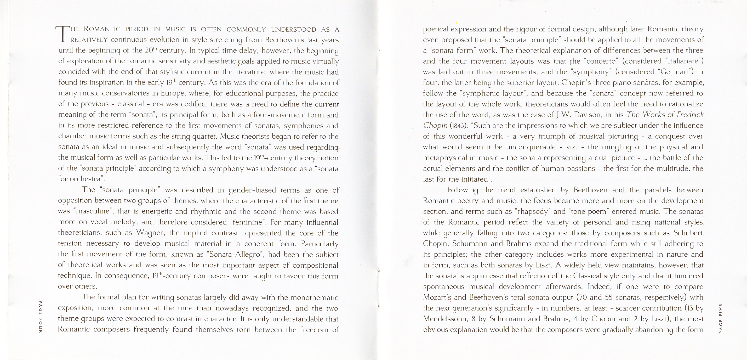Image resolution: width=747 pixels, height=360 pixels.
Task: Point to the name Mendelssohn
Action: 445,319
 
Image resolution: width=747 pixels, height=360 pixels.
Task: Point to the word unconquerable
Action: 531,147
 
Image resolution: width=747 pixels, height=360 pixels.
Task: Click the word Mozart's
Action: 437,297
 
